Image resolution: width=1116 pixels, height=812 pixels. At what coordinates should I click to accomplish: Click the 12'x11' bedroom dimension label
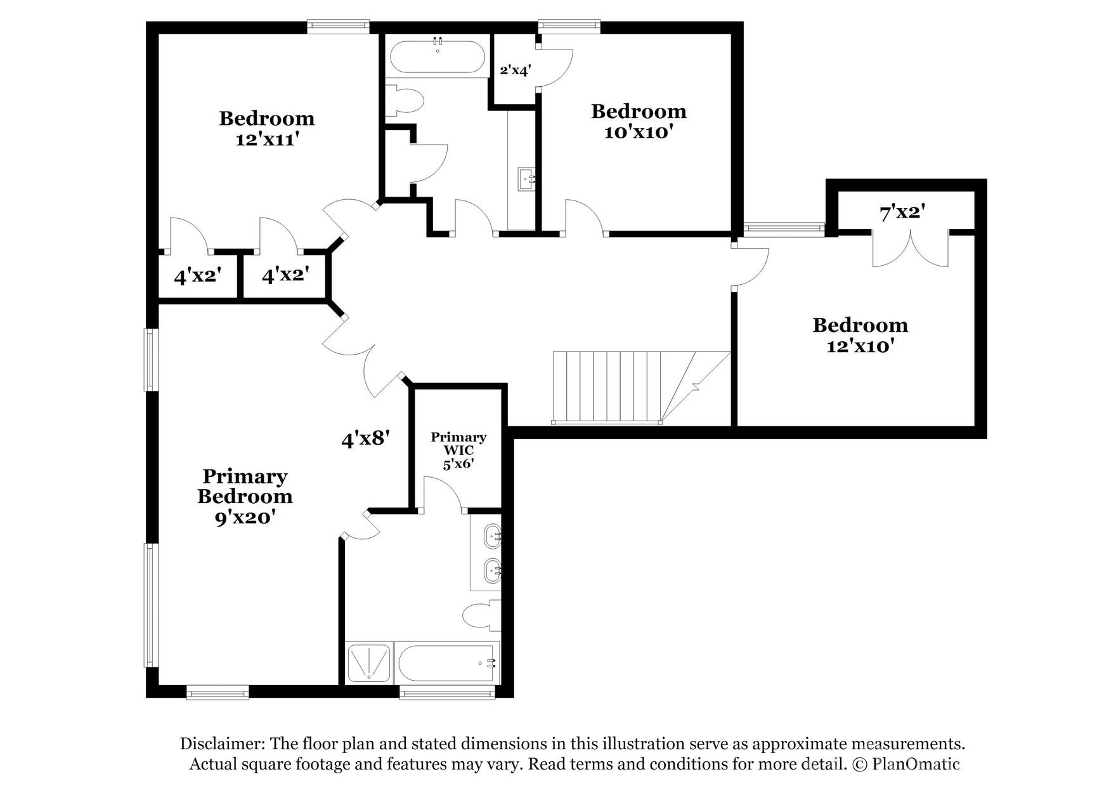click(267, 140)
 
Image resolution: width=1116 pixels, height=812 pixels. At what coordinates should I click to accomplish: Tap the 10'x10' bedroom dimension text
click(638, 133)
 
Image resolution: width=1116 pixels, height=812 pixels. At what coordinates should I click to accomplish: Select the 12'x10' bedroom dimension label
click(860, 346)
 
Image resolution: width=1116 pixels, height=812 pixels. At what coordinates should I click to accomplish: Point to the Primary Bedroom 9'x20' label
click(245, 496)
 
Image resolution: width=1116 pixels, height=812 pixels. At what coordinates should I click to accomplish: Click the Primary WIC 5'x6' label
click(458, 450)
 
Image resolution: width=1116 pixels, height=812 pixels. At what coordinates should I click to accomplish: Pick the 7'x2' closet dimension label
click(902, 213)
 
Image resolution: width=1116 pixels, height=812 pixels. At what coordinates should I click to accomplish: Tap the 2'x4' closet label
click(515, 70)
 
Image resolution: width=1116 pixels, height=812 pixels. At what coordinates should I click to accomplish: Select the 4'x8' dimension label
click(365, 438)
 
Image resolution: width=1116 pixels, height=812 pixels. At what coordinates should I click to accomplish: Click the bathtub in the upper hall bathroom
click(438, 58)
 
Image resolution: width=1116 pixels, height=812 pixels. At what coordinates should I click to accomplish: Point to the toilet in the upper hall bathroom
click(406, 101)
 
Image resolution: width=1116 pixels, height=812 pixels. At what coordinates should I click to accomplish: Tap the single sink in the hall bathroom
click(526, 179)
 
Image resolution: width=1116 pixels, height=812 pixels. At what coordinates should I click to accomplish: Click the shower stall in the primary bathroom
click(368, 663)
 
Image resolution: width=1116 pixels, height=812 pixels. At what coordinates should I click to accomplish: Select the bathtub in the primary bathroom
click(446, 663)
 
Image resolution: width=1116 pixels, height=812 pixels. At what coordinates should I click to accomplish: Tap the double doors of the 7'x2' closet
click(910, 248)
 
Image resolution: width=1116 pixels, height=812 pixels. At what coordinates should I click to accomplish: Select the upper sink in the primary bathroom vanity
click(492, 536)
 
